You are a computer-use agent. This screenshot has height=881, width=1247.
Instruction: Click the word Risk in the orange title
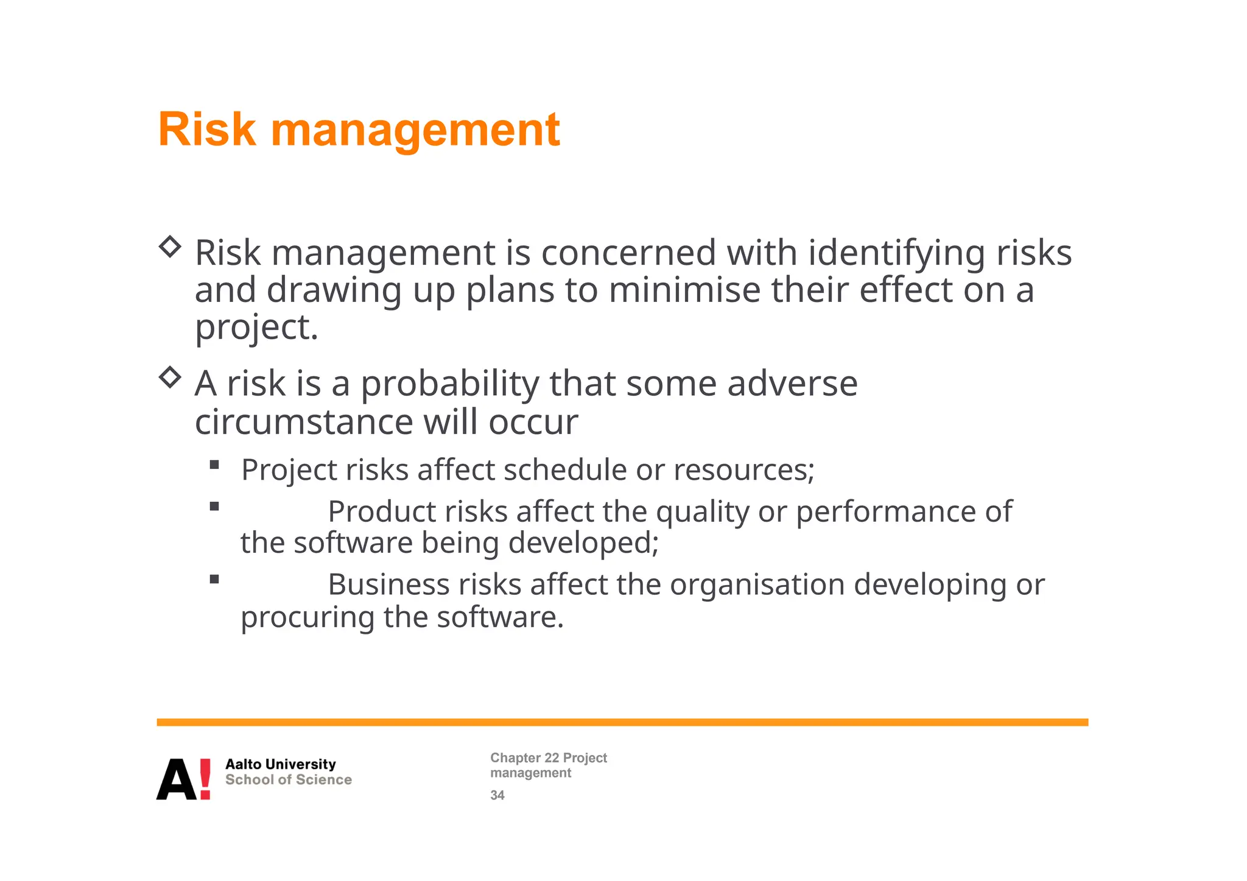207,130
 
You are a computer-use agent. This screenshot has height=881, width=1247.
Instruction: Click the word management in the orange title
415,131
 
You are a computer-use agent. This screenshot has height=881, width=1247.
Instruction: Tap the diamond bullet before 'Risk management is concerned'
170,247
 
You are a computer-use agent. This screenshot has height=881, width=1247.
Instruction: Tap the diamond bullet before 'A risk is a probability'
170,377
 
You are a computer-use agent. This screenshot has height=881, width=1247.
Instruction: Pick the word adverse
792,384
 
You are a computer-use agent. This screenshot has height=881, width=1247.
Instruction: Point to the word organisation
757,584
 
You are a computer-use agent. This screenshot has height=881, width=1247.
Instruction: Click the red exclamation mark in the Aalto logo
205,779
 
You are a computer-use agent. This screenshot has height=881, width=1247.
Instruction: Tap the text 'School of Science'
288,780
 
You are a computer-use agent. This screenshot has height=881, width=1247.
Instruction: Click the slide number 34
497,795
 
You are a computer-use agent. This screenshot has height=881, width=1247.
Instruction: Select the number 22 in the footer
551,758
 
